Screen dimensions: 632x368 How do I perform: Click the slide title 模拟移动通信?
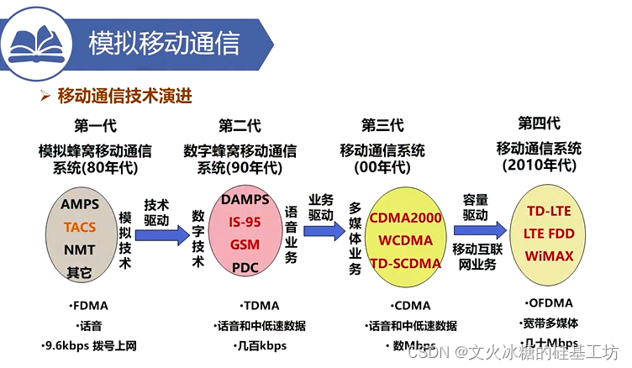click(x=164, y=42)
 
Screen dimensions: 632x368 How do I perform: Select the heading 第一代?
click(x=95, y=126)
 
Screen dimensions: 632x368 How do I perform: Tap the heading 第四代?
click(x=539, y=124)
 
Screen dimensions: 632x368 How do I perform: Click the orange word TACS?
click(x=80, y=227)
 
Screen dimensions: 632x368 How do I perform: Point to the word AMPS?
click(x=80, y=204)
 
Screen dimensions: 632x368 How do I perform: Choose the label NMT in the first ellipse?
click(x=80, y=250)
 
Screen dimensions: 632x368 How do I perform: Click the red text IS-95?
click(x=245, y=222)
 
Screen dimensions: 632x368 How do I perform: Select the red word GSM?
click(x=245, y=244)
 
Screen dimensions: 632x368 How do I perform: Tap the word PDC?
click(x=245, y=267)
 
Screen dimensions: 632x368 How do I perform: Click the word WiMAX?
click(x=549, y=255)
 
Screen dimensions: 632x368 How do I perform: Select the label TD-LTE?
click(x=549, y=210)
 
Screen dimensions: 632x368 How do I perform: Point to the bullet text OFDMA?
click(x=551, y=302)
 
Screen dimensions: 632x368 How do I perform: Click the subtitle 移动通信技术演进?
click(x=124, y=96)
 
